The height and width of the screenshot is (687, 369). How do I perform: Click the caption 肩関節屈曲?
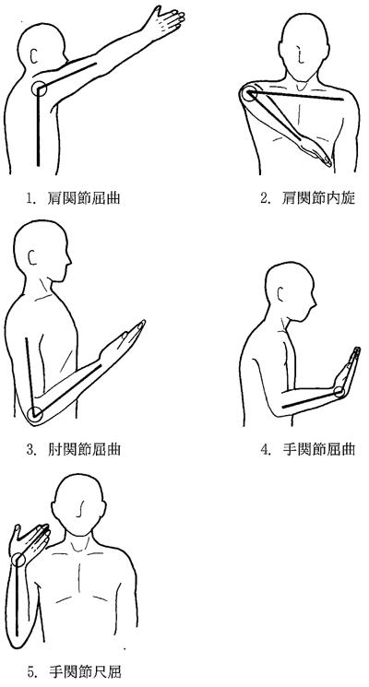[84, 198]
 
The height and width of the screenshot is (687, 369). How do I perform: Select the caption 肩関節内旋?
[318, 198]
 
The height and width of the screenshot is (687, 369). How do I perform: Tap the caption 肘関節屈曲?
[84, 449]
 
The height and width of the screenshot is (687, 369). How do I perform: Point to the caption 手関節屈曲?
[318, 449]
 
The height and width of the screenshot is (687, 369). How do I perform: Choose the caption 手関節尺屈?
[84, 671]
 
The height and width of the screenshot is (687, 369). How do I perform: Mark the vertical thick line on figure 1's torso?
[38, 127]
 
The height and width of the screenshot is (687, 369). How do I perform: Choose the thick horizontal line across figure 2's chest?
[296, 96]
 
